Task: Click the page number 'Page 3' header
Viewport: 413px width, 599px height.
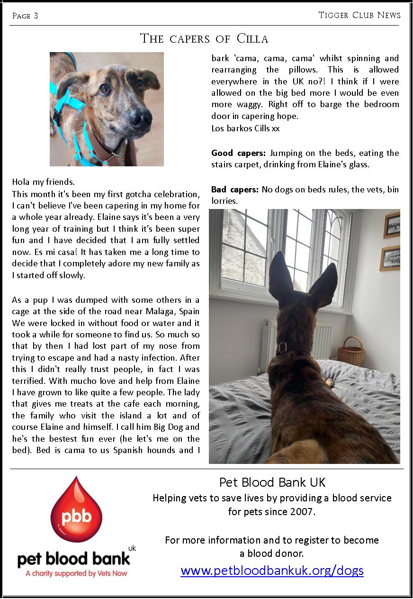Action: tap(25, 16)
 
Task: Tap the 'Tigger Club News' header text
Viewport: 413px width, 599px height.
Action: tap(359, 15)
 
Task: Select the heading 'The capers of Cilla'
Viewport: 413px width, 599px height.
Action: tap(204, 38)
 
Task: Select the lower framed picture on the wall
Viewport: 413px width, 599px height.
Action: tap(390, 258)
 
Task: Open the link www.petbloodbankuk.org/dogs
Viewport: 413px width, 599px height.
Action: tap(272, 570)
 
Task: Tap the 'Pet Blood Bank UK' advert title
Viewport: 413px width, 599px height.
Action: tap(272, 482)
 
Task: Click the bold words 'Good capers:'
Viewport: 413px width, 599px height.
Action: tap(239, 153)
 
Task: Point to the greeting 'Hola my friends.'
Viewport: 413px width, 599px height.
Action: tap(43, 182)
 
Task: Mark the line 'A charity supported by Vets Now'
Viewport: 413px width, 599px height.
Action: tap(76, 573)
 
